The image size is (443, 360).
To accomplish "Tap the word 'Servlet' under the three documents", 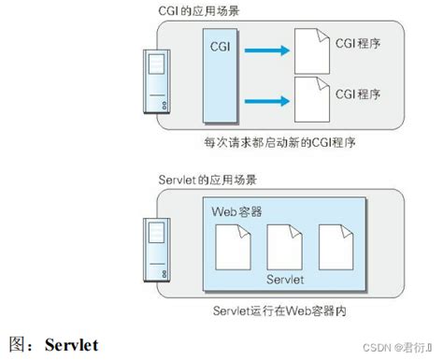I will pyautogui.click(x=284, y=280).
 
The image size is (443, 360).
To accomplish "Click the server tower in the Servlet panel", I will pyautogui.click(x=156, y=248).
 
